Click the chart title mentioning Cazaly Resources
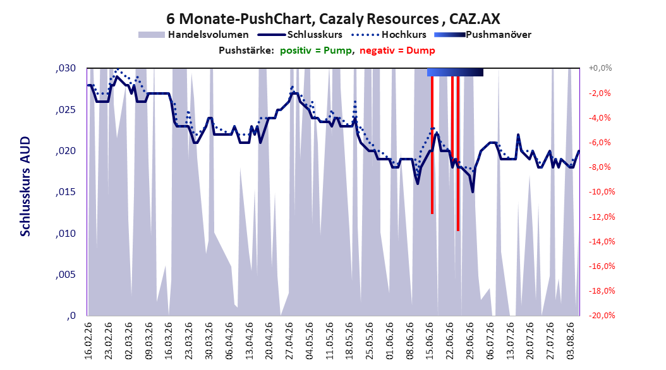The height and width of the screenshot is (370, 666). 333,19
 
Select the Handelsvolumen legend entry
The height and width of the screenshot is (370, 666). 194,35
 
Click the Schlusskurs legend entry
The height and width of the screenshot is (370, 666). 300,35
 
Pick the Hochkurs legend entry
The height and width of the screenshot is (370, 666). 389,35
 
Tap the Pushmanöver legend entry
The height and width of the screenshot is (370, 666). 483,35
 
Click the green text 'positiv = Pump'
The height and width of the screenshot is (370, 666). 315,51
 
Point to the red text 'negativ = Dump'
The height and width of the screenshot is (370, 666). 397,51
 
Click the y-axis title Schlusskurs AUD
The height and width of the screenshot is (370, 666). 25,186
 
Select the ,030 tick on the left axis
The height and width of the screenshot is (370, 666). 66,68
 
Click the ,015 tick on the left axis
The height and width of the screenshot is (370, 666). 66,192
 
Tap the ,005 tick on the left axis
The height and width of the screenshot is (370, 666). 66,275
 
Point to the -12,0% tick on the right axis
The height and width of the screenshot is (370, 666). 602,217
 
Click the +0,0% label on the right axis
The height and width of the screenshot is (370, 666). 600,68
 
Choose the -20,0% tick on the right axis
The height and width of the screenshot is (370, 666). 602,315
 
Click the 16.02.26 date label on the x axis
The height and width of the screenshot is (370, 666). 88,341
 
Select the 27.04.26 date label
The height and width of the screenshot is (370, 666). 289,341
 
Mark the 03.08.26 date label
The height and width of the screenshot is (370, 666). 571,341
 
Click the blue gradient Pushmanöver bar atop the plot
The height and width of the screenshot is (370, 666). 455,72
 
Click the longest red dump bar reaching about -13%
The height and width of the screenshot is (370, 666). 458,153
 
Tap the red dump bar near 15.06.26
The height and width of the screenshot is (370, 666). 432,145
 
